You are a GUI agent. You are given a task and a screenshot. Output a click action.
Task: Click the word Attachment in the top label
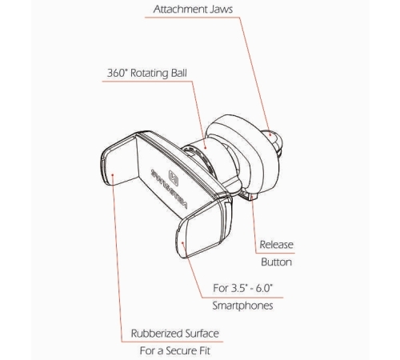pyautogui.click(x=180, y=9)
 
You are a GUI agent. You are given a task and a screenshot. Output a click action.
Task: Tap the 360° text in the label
pyautogui.click(x=118, y=73)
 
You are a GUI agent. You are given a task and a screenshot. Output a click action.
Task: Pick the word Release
pyautogui.click(x=277, y=245)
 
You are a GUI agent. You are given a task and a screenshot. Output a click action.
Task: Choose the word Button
pyautogui.click(x=276, y=262)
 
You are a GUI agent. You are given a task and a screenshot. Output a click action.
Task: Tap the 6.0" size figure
pyautogui.click(x=265, y=288)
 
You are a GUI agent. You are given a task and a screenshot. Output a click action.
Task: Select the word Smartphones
pyautogui.click(x=242, y=306)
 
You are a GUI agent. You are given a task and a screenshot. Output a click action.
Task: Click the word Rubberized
pyautogui.click(x=152, y=334)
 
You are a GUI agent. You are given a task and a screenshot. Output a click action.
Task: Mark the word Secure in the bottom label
pyautogui.click(x=180, y=350)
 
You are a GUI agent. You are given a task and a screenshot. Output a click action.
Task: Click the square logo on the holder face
pyautogui.click(x=174, y=178)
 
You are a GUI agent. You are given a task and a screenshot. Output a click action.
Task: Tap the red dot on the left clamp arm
pyautogui.click(x=113, y=175)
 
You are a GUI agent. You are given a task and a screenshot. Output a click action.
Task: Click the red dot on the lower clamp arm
pyautogui.click(x=182, y=242)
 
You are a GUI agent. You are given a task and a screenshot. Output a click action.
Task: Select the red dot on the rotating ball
pyautogui.click(x=205, y=148)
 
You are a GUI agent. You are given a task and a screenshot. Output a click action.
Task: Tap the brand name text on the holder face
pyautogui.click(x=169, y=189)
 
